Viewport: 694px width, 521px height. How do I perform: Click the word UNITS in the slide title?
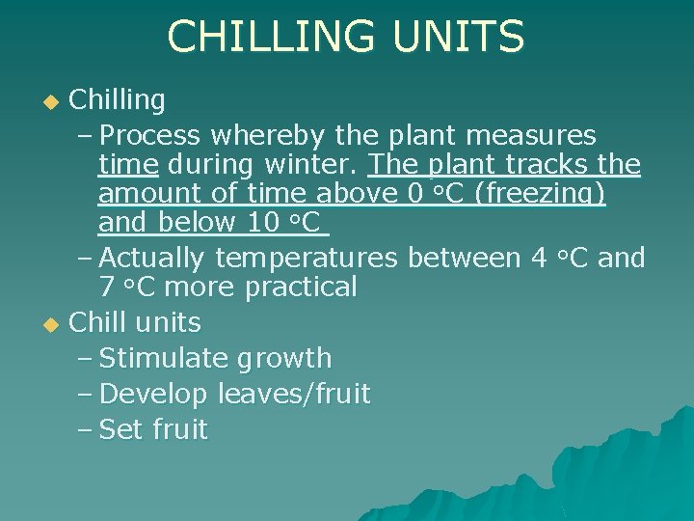pyautogui.click(x=458, y=38)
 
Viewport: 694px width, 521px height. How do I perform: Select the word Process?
pyautogui.click(x=149, y=135)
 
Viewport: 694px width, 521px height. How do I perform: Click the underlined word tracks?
pyautogui.click(x=551, y=165)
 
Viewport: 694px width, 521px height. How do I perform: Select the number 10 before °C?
pyautogui.click(x=263, y=225)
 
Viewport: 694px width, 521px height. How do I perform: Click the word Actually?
pyautogui.click(x=151, y=258)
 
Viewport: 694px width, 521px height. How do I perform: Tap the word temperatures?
pyautogui.click(x=306, y=258)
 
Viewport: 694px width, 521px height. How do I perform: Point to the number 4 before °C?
pyautogui.click(x=540, y=258)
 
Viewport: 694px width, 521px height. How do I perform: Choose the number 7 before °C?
pyautogui.click(x=107, y=287)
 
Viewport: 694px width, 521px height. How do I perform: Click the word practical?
pyautogui.click(x=301, y=287)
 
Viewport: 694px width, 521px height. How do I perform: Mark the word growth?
pyautogui.click(x=283, y=358)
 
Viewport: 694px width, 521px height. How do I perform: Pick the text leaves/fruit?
pyautogui.click(x=293, y=394)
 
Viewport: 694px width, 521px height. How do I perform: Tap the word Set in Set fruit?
pyautogui.click(x=120, y=429)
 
